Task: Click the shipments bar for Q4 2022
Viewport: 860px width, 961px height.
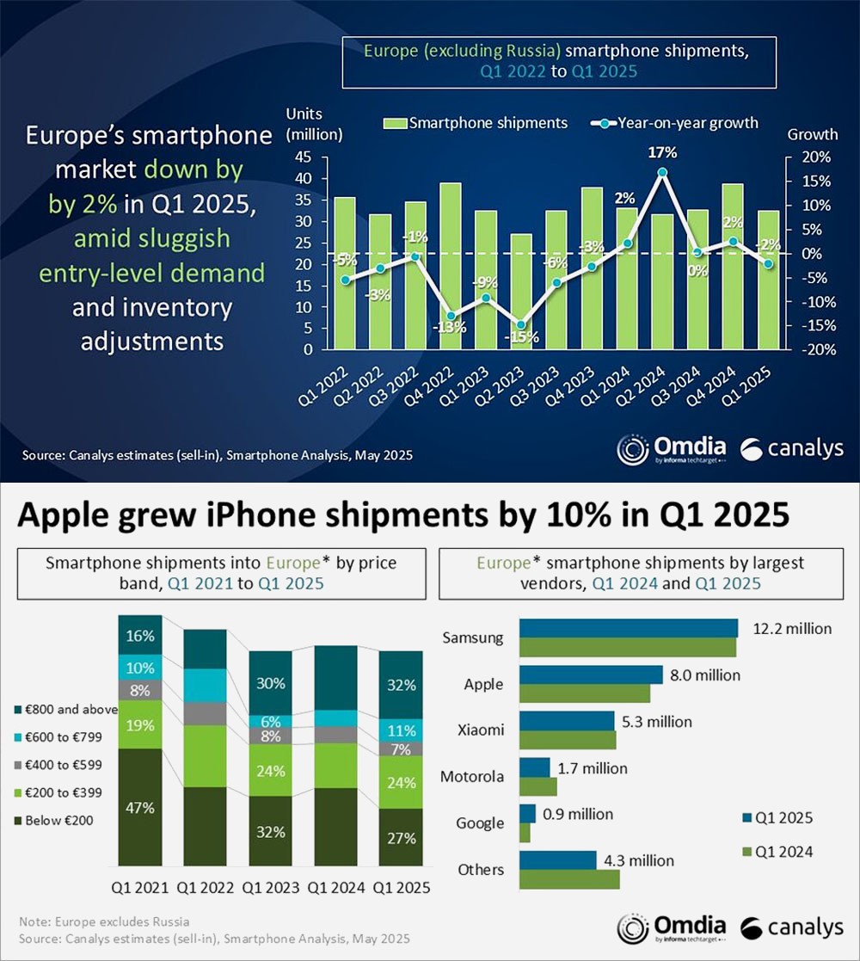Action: coord(450,266)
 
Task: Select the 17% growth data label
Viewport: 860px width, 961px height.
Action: coord(663,152)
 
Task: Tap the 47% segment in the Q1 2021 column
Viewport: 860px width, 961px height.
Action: coord(139,808)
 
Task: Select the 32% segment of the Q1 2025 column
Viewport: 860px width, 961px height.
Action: coord(401,686)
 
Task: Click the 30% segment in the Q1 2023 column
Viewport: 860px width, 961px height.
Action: coord(271,684)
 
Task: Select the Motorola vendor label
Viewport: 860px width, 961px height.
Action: coord(471,777)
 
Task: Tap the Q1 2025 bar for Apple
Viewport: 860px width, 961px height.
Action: coord(591,675)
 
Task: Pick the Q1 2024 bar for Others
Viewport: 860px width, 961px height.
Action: coord(569,879)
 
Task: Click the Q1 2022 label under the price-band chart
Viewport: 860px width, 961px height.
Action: coord(206,887)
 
